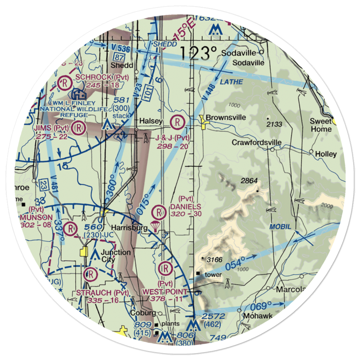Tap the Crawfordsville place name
coord(256,143)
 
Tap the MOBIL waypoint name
coord(279,227)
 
